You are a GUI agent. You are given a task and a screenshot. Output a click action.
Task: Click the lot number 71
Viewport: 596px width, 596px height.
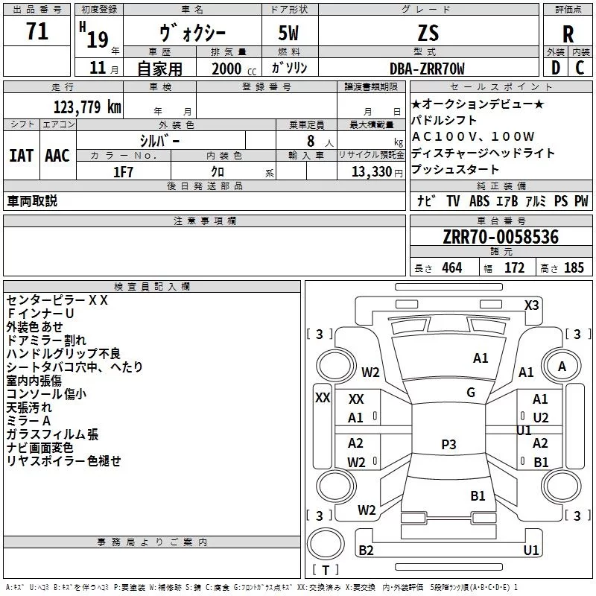tap(37, 31)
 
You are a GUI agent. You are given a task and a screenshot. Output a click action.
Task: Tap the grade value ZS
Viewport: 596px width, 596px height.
tap(428, 33)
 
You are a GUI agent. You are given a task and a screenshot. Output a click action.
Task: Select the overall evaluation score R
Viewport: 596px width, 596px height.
tap(568, 34)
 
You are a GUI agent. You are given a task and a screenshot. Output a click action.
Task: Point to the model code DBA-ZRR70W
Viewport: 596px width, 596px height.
tap(427, 69)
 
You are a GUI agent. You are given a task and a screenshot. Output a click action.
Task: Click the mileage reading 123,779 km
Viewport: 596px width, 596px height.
tap(87, 107)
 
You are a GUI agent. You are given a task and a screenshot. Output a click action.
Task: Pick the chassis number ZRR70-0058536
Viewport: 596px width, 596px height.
tap(501, 237)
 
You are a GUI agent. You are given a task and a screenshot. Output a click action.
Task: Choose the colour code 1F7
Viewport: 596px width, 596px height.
tap(123, 172)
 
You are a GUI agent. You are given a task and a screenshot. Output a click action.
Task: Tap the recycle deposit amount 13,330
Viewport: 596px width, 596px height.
tap(372, 172)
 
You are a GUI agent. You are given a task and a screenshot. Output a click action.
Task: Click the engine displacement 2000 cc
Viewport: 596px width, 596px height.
tap(234, 69)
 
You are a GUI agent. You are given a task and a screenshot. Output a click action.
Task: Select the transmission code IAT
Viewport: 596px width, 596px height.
tap(22, 156)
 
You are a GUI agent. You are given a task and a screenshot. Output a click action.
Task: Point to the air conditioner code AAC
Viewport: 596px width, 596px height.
tap(57, 156)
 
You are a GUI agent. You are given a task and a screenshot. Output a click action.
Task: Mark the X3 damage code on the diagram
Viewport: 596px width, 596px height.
tap(531, 305)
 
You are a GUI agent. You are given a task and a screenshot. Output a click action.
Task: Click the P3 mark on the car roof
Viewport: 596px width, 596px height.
tap(448, 444)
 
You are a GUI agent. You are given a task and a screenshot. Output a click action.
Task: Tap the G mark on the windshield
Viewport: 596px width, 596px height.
tap(471, 393)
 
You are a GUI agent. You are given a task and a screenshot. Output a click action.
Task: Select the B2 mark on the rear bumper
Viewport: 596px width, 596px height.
tap(366, 550)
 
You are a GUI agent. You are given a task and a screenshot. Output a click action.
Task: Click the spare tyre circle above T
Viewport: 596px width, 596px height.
tap(326, 544)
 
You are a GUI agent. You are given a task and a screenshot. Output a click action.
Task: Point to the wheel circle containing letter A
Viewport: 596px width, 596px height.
tap(562, 367)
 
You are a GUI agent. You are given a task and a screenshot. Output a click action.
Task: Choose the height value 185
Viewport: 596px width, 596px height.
tap(574, 268)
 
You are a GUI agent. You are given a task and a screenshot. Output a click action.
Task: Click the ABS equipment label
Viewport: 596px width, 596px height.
tap(479, 201)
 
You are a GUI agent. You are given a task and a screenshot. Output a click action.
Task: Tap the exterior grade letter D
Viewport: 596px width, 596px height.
tap(556, 68)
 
